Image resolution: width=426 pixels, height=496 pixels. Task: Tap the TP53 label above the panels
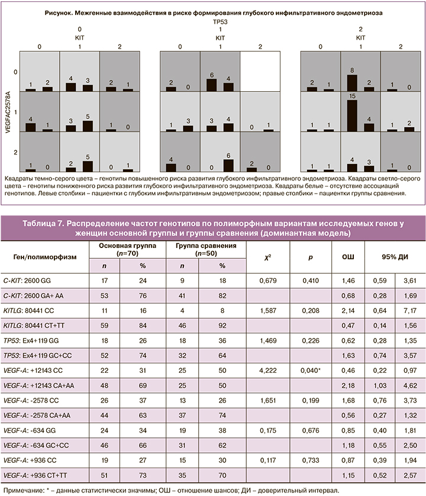pyautogui.click(x=220, y=20)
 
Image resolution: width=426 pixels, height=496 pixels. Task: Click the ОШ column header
pyautogui.click(x=349, y=256)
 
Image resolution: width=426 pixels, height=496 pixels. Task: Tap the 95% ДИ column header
pyautogui.click(x=393, y=256)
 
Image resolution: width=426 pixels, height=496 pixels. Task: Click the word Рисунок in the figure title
pyautogui.click(x=59, y=11)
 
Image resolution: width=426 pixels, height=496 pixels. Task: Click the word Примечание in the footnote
pyautogui.click(x=22, y=489)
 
